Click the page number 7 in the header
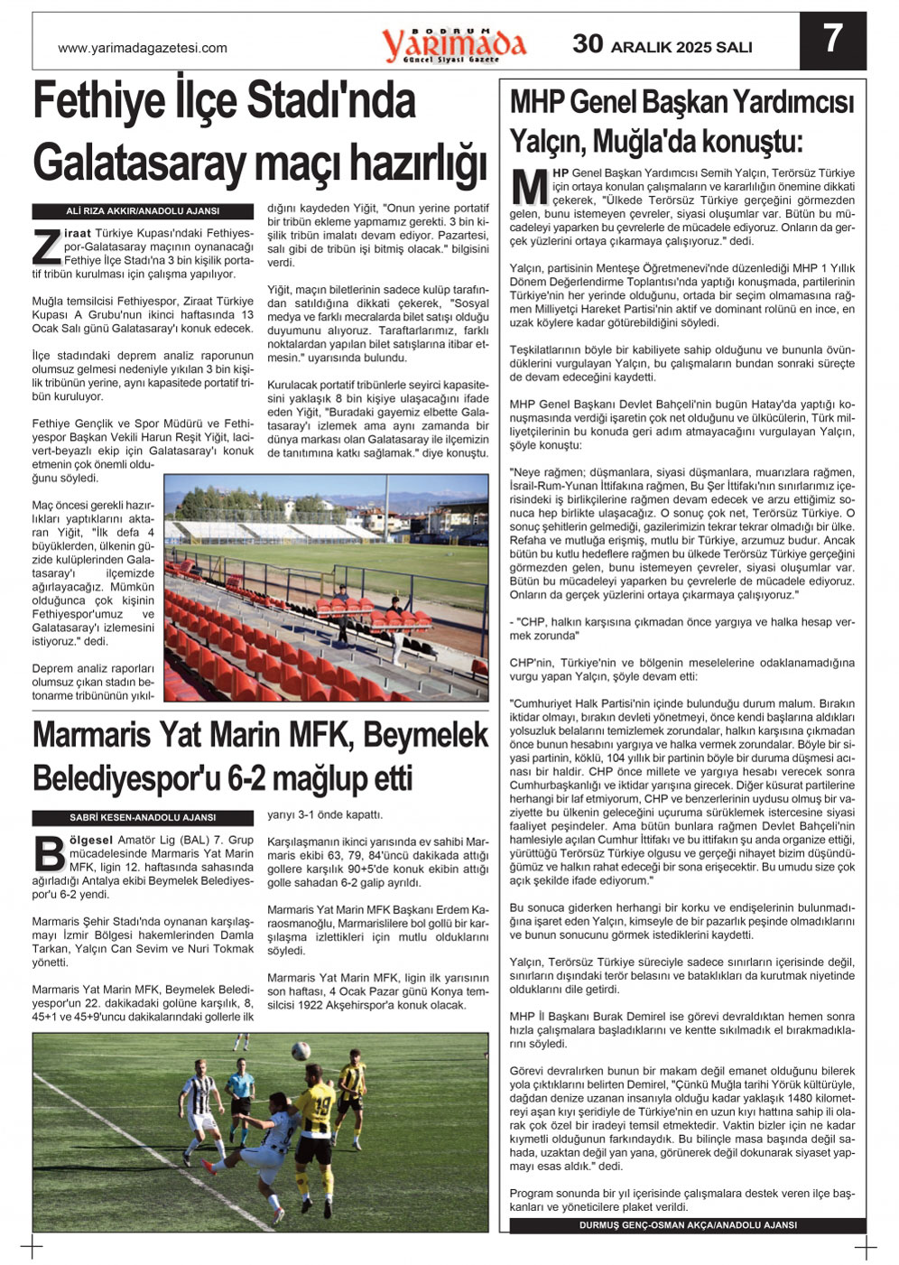[x=832, y=39]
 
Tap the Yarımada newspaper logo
[x=454, y=44]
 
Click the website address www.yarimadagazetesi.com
[x=143, y=48]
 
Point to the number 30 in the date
[x=588, y=43]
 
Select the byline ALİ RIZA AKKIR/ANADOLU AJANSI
[x=143, y=211]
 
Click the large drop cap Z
[x=46, y=248]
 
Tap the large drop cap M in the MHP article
[x=529, y=185]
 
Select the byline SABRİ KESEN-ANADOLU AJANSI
[x=143, y=818]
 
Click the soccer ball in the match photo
[x=301, y=1051]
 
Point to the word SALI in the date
[x=733, y=47]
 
